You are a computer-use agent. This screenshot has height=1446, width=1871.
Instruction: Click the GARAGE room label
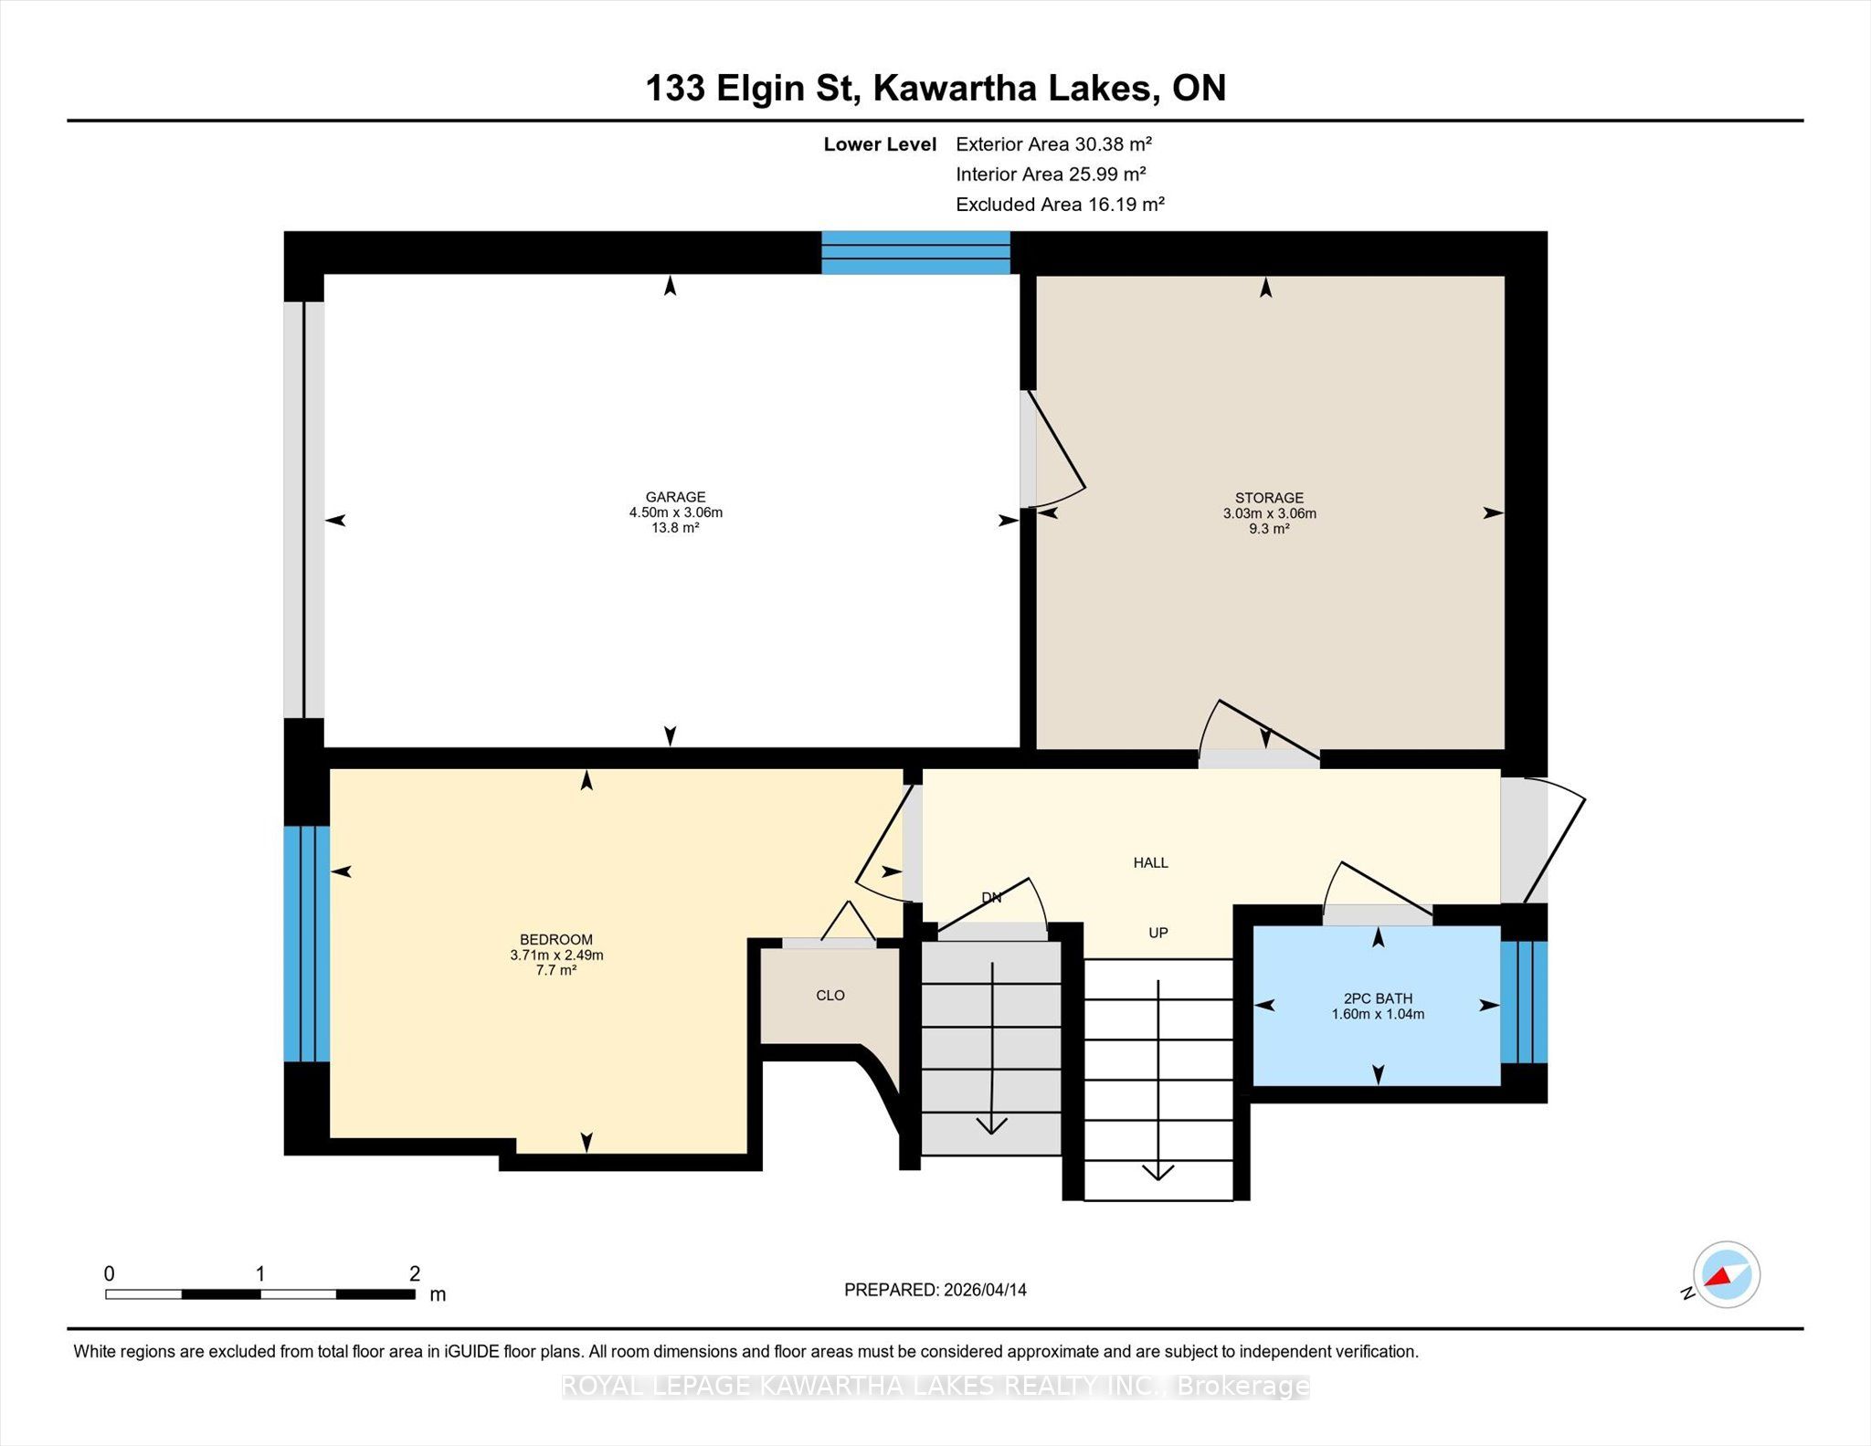coord(675,497)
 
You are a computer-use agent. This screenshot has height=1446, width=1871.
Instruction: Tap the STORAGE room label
coord(1269,498)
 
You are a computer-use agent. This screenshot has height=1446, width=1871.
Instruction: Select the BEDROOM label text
coord(556,939)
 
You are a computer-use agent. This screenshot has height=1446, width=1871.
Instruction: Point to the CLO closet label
coord(830,995)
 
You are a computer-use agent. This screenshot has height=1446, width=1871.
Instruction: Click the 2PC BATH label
coord(1378,998)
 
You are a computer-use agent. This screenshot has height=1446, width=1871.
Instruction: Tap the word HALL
coord(1151,862)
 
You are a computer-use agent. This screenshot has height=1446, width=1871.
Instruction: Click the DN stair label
coord(992,898)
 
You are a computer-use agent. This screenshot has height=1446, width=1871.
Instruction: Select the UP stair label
coord(1158,933)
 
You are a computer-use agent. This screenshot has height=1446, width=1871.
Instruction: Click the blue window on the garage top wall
coord(915,253)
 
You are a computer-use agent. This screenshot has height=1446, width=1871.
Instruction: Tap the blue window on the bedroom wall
coord(307,944)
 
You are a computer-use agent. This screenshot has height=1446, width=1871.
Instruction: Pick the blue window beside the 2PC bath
coord(1524,1002)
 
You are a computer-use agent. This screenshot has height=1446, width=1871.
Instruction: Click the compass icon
coord(1727,1275)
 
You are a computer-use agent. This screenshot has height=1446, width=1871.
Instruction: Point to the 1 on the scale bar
coord(261,1273)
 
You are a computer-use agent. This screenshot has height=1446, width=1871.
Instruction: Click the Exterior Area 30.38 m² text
coord(1053,143)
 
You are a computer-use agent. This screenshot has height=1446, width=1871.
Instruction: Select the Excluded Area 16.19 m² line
coord(1060,204)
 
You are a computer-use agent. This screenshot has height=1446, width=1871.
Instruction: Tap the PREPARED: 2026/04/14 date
coord(935,1290)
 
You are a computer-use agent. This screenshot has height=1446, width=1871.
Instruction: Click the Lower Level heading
coord(880,144)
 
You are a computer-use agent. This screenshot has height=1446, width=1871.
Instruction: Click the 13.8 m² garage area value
coord(675,528)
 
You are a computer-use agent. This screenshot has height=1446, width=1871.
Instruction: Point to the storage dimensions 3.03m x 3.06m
coord(1270,513)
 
